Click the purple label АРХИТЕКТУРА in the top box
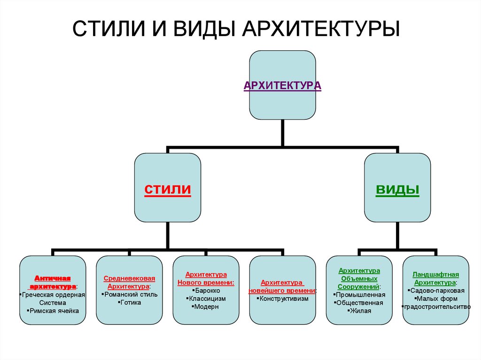click(x=282, y=86)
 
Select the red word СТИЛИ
click(x=167, y=190)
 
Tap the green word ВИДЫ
click(x=397, y=190)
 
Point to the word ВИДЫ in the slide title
click(x=202, y=29)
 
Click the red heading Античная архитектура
click(x=53, y=282)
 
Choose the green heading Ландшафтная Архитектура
click(x=435, y=278)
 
